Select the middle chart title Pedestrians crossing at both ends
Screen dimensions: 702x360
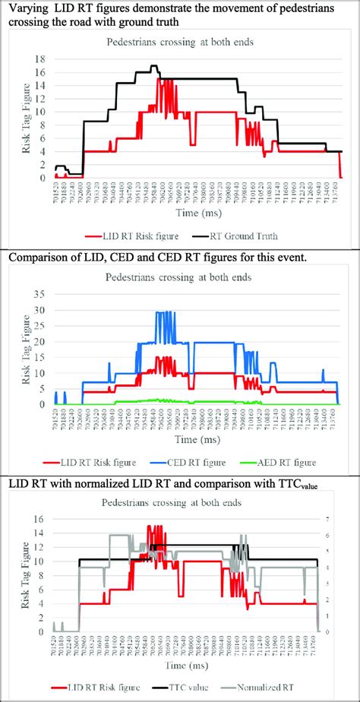(181, 272)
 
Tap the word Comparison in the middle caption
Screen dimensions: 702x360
(39, 256)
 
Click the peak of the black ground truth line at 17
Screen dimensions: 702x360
(153, 66)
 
